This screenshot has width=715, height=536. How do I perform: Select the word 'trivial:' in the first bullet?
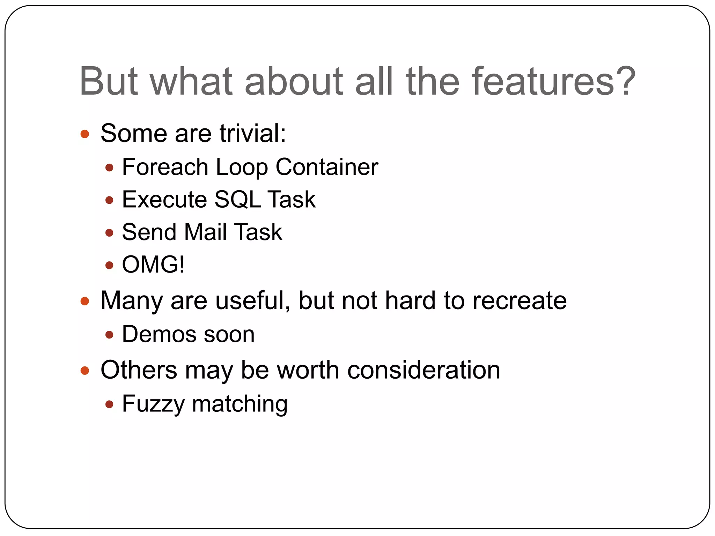253,133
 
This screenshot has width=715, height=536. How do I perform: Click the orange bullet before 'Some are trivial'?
85,134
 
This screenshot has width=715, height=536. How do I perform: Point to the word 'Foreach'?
165,167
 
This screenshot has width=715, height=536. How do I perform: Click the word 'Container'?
327,167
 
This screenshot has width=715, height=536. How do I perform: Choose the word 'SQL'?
237,200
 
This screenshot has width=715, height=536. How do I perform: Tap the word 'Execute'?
164,200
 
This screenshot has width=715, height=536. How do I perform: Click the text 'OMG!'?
153,265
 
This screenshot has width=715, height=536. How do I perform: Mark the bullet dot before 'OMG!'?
109,266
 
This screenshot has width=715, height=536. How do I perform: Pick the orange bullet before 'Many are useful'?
85,301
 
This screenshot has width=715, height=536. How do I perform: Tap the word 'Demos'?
159,334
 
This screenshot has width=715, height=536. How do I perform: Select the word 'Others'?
139,370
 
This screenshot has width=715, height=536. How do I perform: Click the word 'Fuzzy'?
153,404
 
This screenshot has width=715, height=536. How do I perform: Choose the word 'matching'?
240,404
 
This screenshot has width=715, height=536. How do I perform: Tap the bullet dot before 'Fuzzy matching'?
109,404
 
